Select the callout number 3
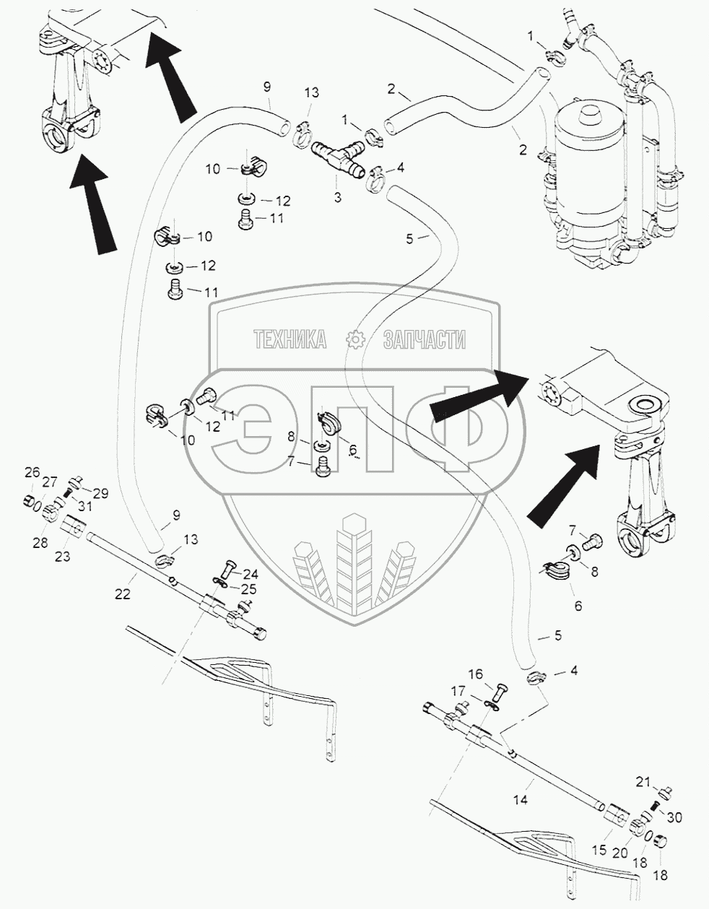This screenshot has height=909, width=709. point(337,196)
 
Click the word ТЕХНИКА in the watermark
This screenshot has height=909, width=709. point(289,339)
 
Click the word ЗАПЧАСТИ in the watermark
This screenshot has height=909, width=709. point(424,339)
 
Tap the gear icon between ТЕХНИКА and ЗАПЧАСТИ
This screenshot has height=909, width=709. point(354,339)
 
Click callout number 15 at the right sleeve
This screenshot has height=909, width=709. point(600,851)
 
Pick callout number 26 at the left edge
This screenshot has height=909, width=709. point(32,473)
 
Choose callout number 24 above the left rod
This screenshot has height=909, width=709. point(250,575)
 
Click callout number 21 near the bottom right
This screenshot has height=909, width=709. point(643,780)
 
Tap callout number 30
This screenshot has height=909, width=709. point(674,817)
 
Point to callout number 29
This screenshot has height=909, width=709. point(100,493)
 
